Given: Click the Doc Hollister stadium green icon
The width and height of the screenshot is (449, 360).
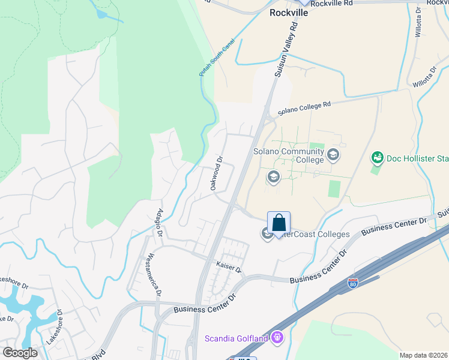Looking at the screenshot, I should pyautogui.click(x=378, y=158).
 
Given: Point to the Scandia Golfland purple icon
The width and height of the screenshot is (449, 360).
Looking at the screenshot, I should pyautogui.click(x=276, y=338).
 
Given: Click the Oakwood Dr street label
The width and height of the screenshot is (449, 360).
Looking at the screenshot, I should pyautogui.click(x=217, y=173).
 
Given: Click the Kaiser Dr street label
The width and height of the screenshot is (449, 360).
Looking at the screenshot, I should pyautogui.click(x=228, y=266).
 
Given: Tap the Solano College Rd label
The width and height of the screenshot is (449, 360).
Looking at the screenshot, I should pyautogui.click(x=304, y=109).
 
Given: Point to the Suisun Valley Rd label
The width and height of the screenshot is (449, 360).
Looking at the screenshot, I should pyautogui.click(x=286, y=50).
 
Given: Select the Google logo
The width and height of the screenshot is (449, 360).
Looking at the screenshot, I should pyautogui.click(x=20, y=353).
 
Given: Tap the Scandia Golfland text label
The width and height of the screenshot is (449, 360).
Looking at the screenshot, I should pyautogui.click(x=237, y=338).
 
